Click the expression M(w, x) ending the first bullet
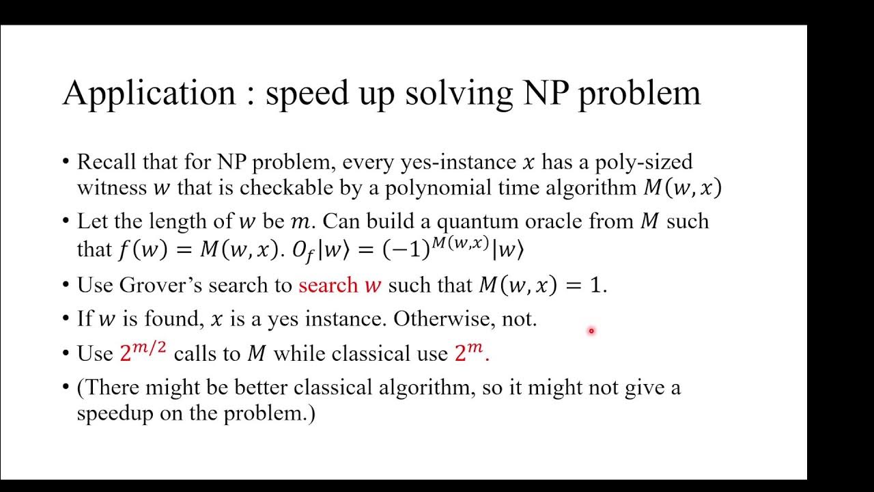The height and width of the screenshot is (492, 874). pyautogui.click(x=682, y=188)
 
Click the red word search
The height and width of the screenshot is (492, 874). pyautogui.click(x=328, y=285)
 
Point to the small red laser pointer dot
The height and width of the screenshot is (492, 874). pyautogui.click(x=591, y=331)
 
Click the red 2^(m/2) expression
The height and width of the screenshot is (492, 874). pyautogui.click(x=143, y=352)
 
